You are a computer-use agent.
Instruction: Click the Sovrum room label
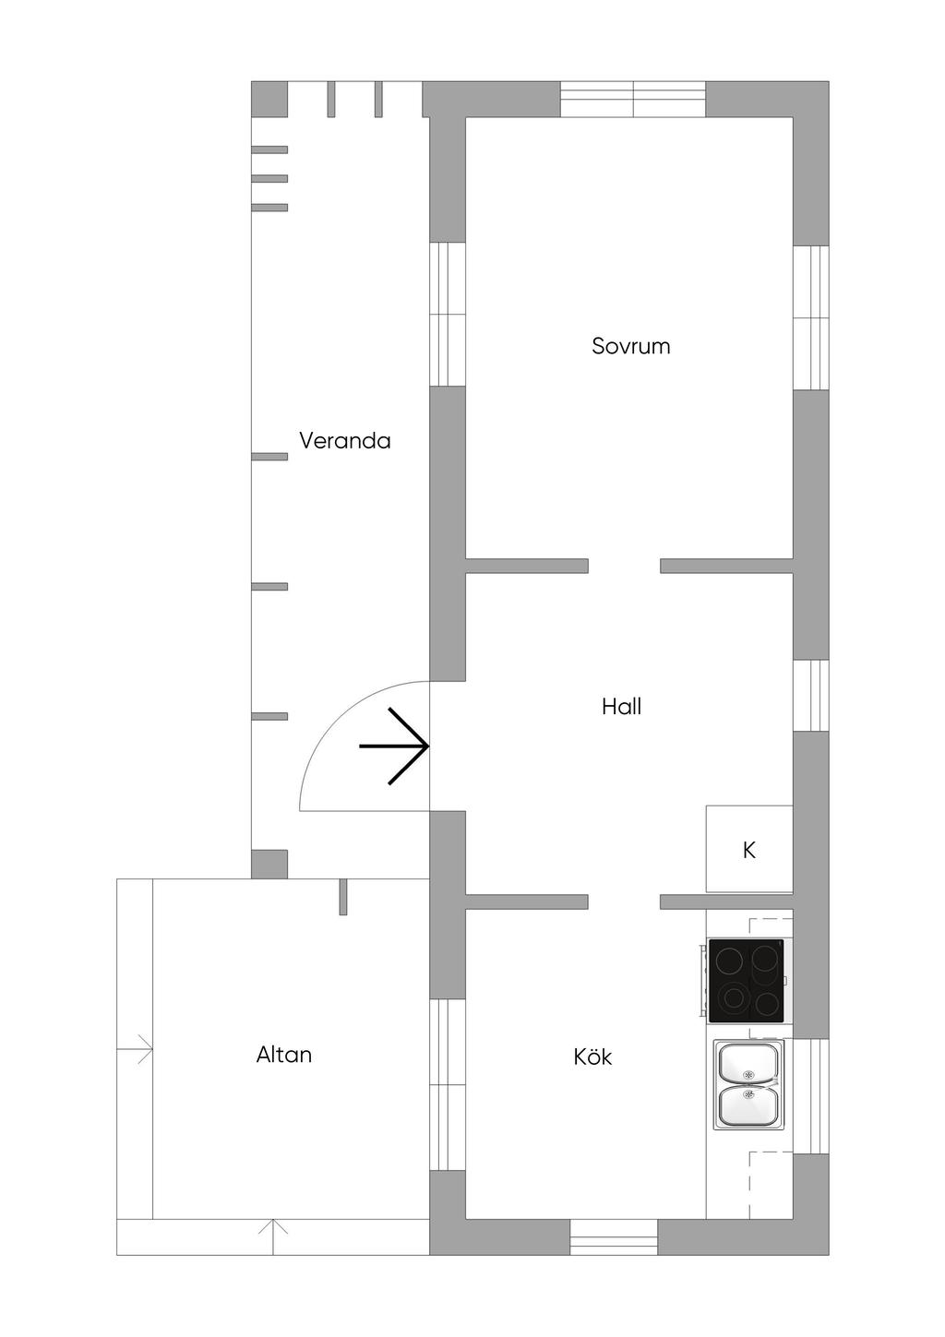(631, 346)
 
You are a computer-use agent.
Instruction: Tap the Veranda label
(345, 440)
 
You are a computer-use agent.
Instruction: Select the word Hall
(621, 707)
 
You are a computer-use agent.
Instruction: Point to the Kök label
(592, 1056)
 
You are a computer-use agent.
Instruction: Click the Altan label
(284, 1055)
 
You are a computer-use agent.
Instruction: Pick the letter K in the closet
(749, 850)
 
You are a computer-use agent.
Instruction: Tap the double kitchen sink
(749, 1084)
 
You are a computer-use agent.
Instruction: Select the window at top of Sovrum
(633, 99)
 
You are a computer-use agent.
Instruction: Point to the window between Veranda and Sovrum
(448, 314)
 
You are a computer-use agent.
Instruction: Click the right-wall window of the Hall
(810, 696)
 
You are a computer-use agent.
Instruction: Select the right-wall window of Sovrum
(810, 317)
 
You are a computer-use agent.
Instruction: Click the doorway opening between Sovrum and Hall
(625, 566)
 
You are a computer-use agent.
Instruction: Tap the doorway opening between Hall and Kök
(625, 901)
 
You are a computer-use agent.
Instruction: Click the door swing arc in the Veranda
(337, 719)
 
